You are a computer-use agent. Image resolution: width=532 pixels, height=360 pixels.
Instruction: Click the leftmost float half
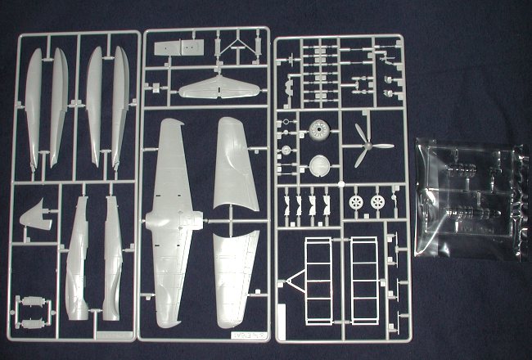click(34, 106)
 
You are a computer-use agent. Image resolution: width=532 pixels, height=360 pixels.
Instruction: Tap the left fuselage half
click(78, 258)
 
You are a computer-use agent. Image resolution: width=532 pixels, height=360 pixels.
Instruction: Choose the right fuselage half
click(112, 258)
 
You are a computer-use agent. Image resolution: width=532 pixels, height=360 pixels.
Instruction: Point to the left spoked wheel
click(355, 201)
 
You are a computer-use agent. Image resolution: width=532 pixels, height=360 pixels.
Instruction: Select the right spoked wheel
click(377, 201)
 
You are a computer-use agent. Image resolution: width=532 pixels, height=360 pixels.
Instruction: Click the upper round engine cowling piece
click(320, 129)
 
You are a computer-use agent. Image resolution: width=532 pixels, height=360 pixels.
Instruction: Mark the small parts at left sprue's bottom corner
click(32, 312)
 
